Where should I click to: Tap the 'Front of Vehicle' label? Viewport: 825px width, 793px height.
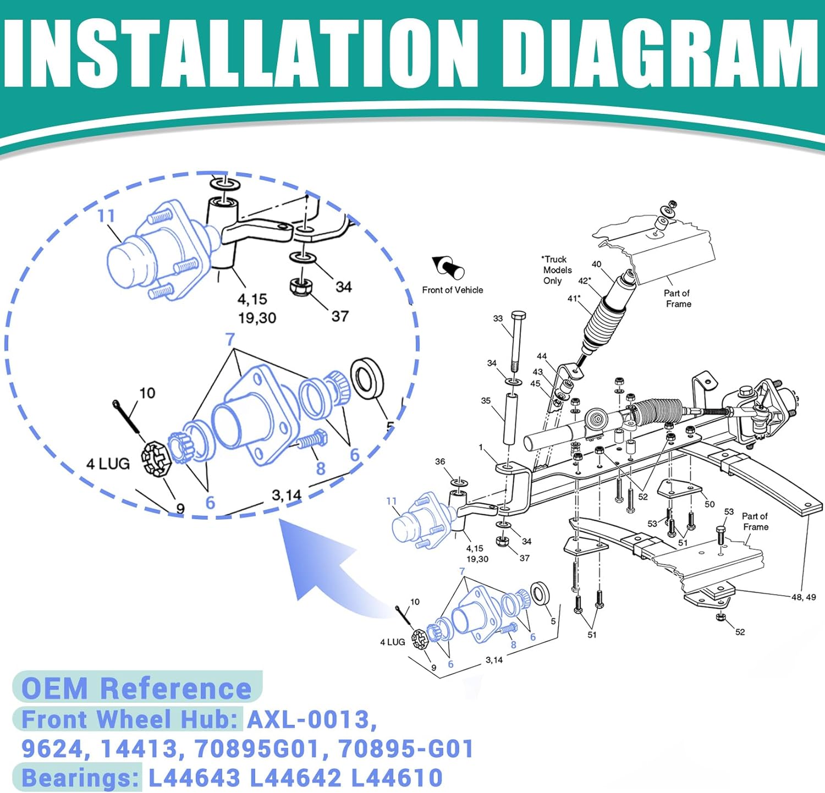pyautogui.click(x=453, y=290)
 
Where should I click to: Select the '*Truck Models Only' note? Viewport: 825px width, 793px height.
pyautogui.click(x=557, y=269)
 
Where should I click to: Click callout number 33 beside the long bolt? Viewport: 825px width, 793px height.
pyautogui.click(x=498, y=318)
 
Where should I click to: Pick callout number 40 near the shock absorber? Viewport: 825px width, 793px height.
pyautogui.click(x=596, y=264)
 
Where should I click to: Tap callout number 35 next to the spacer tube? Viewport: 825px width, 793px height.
pyautogui.click(x=486, y=400)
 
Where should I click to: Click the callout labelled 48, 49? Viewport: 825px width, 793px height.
pyautogui.click(x=804, y=597)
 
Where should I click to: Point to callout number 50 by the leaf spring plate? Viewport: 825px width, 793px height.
pyautogui.click(x=710, y=504)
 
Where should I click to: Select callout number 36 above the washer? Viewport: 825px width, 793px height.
pyautogui.click(x=440, y=461)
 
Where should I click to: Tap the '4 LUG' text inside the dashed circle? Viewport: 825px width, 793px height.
pyautogui.click(x=108, y=464)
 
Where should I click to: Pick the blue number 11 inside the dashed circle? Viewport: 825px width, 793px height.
pyautogui.click(x=106, y=216)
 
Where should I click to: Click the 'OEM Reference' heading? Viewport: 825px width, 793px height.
pyautogui.click(x=136, y=688)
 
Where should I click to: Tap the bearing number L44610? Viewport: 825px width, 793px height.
pyautogui.click(x=397, y=778)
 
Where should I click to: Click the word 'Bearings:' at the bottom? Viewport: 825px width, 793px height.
pyautogui.click(x=80, y=778)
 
